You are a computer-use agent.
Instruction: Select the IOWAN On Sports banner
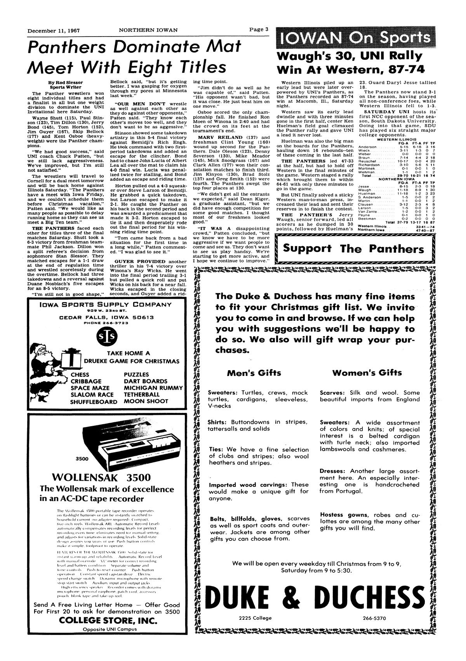click(x=353, y=38)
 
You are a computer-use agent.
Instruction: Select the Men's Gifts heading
click(x=254, y=373)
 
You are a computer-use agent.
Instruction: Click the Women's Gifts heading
click(x=367, y=373)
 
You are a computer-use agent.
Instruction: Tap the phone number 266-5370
click(x=374, y=618)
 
